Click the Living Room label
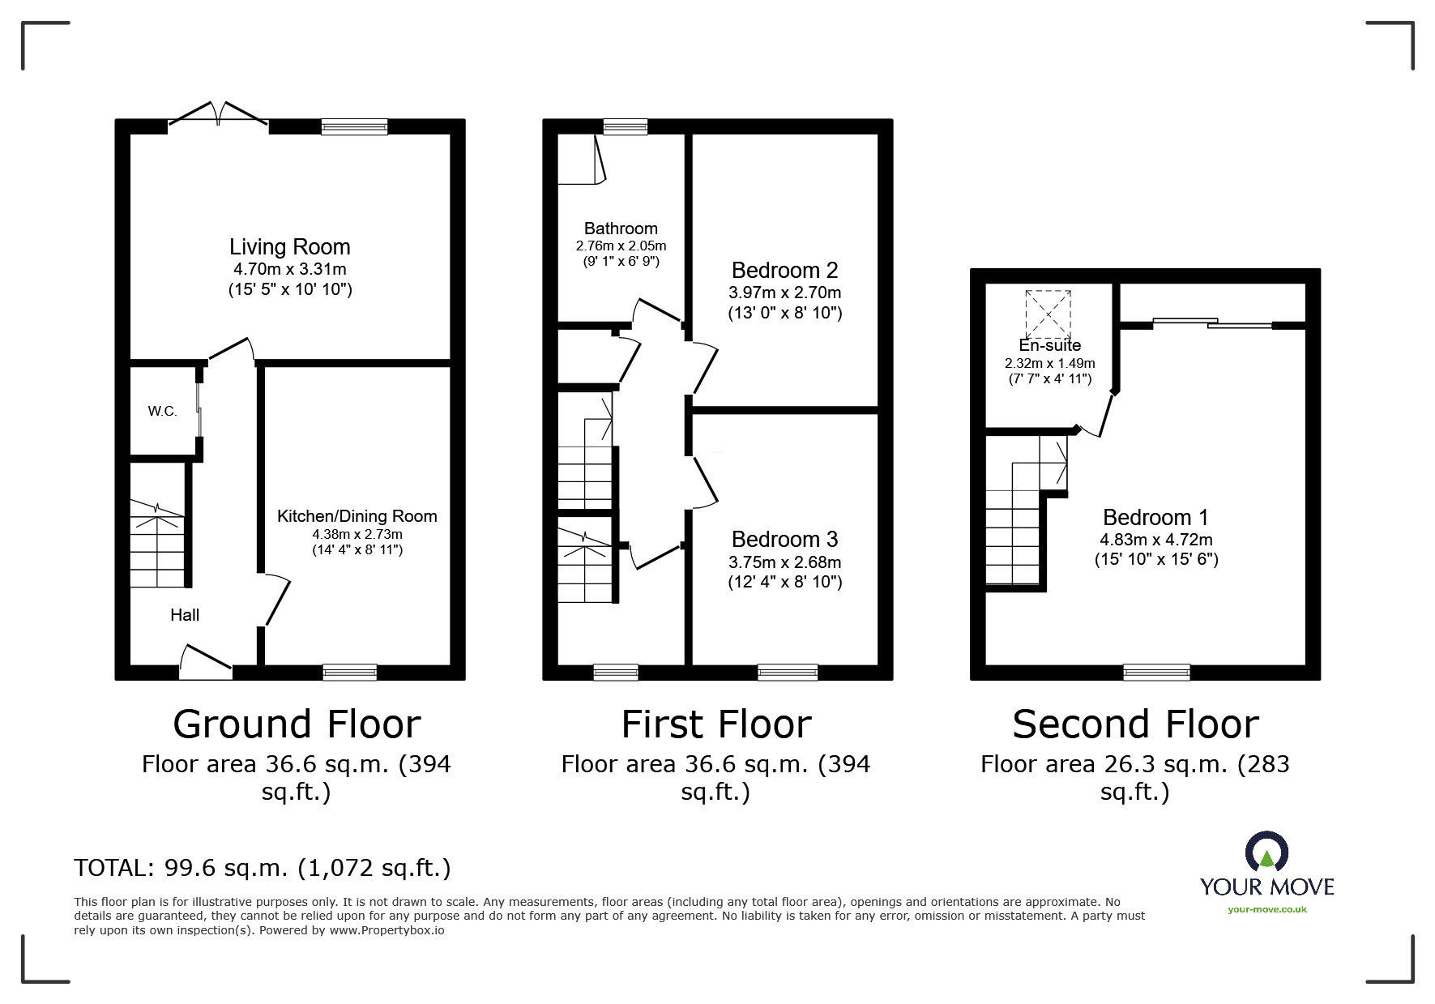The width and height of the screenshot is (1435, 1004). (x=289, y=246)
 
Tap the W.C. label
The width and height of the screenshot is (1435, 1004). (x=162, y=411)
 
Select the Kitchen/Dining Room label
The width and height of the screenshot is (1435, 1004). (x=357, y=516)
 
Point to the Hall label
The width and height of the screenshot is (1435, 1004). (x=185, y=615)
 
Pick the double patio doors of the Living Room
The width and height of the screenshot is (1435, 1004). (x=218, y=115)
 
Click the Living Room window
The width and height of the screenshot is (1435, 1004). (x=354, y=126)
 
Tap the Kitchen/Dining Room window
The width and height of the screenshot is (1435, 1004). (x=350, y=673)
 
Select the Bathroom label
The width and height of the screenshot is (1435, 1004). (x=621, y=229)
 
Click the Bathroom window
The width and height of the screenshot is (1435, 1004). (x=626, y=126)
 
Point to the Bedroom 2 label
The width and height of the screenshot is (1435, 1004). (x=784, y=270)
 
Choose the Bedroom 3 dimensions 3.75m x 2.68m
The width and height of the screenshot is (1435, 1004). (x=784, y=562)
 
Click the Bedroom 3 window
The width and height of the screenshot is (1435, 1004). (x=788, y=673)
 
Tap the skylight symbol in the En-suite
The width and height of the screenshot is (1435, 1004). (x=1048, y=315)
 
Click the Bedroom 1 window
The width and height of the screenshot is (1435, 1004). (x=1156, y=673)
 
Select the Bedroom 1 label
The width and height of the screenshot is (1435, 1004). (x=1155, y=517)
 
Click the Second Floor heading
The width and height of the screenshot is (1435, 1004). (x=1135, y=724)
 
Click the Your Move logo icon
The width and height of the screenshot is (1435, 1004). (x=1266, y=852)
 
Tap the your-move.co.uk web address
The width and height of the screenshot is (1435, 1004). (x=1267, y=909)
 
